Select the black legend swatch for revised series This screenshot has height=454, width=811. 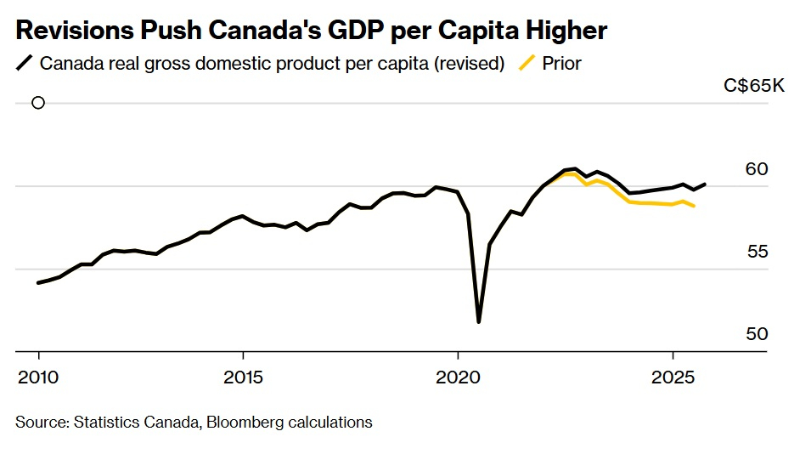[x=25, y=63]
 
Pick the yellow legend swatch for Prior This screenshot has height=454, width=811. [x=528, y=63]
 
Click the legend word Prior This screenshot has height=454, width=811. [x=561, y=63]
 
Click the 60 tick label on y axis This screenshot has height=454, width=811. [x=757, y=170]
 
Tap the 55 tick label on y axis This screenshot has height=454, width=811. [x=757, y=253]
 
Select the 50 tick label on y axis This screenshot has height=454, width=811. [x=757, y=334]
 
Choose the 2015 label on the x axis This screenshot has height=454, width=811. [x=243, y=376]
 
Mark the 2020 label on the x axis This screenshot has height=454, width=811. [x=459, y=376]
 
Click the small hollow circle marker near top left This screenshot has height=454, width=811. [x=38, y=103]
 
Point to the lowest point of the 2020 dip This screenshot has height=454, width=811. [x=479, y=321]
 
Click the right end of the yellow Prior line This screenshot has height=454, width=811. [x=694, y=206]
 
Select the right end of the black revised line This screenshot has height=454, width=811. [x=705, y=184]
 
